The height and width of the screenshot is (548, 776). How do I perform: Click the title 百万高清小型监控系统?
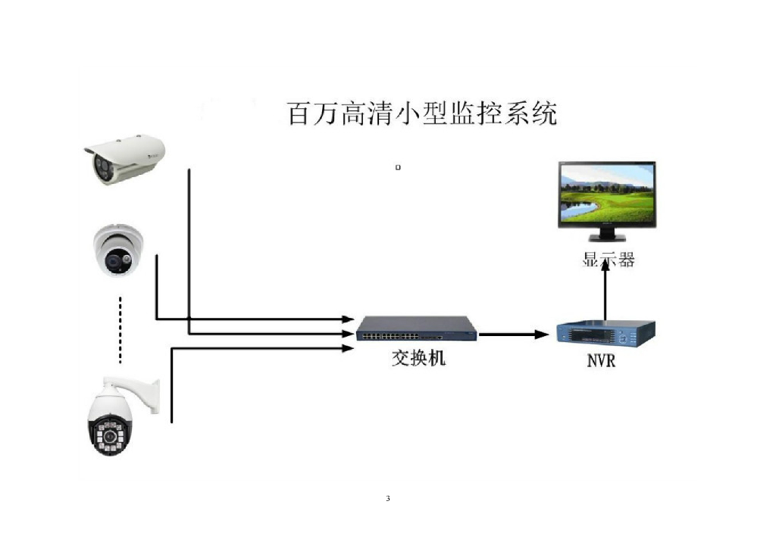(422, 113)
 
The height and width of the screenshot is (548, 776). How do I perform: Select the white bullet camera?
(124, 158)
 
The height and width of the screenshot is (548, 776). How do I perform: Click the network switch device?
(417, 328)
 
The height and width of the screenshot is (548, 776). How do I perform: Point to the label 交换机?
(418, 357)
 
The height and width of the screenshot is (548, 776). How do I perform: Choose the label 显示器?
(608, 260)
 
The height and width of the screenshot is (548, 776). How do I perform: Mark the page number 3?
(388, 498)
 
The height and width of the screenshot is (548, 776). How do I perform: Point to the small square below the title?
(398, 167)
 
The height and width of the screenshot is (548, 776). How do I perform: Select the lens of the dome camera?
(115, 262)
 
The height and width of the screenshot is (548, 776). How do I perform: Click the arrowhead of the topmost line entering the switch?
(349, 319)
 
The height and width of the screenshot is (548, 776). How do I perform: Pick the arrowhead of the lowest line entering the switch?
(349, 347)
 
